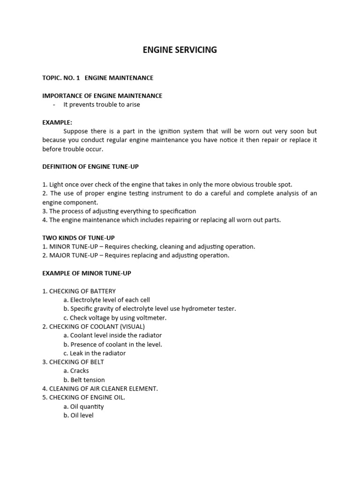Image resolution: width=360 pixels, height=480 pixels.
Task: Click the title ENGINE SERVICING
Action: pyautogui.click(x=180, y=50)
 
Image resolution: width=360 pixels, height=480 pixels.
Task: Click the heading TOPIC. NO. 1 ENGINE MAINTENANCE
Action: pyautogui.click(x=97, y=78)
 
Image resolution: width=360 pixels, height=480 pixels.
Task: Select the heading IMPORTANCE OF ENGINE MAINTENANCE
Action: pyautogui.click(x=102, y=96)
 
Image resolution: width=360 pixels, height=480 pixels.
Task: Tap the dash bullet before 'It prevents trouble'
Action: pyautogui.click(x=54, y=105)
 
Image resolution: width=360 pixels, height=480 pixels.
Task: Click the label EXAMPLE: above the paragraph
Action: pyautogui.click(x=57, y=122)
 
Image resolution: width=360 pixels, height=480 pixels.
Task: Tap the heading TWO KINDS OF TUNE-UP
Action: pyautogui.click(x=78, y=238)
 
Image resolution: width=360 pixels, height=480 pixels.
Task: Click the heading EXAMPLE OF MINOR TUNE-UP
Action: pyautogui.click(x=87, y=273)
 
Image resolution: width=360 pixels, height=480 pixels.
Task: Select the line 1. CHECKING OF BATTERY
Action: pyautogui.click(x=79, y=291)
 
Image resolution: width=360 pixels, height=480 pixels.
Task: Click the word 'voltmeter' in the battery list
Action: pyautogui.click(x=151, y=318)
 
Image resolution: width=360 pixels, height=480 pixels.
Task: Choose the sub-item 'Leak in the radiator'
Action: pyautogui.click(x=97, y=353)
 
